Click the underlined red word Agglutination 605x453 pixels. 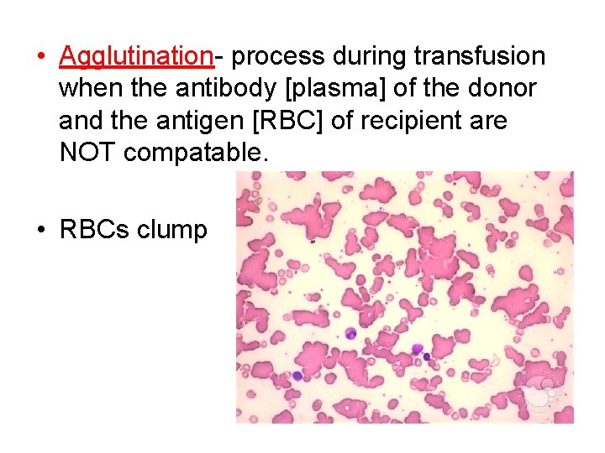pos(136,56)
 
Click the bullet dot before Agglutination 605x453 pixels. pos(40,57)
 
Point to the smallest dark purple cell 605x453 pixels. pos(427,357)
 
